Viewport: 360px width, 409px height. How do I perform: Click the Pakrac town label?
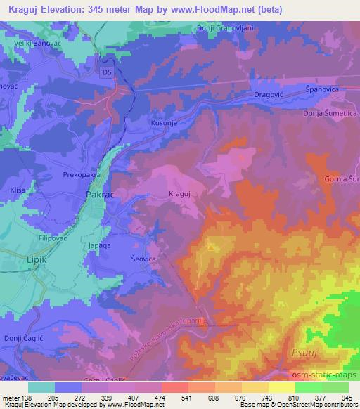pyautogui.click(x=99, y=193)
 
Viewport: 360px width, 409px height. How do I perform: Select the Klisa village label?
pyautogui.click(x=18, y=189)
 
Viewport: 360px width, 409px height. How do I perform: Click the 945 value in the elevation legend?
pyautogui.click(x=345, y=398)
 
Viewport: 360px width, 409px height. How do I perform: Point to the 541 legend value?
pyautogui.click(x=185, y=398)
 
